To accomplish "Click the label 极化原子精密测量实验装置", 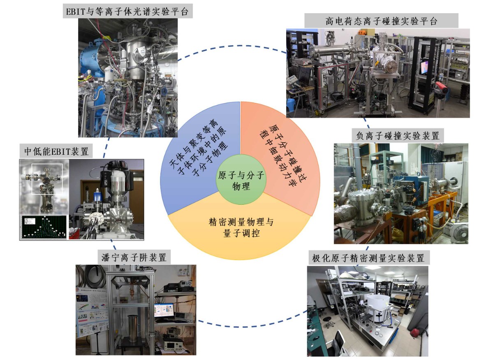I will click(x=368, y=258).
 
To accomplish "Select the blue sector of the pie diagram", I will click(x=193, y=156).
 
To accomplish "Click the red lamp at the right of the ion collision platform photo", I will click(x=440, y=87).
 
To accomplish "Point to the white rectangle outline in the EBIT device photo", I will click(x=47, y=179).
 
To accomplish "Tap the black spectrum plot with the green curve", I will click(x=43, y=227).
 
